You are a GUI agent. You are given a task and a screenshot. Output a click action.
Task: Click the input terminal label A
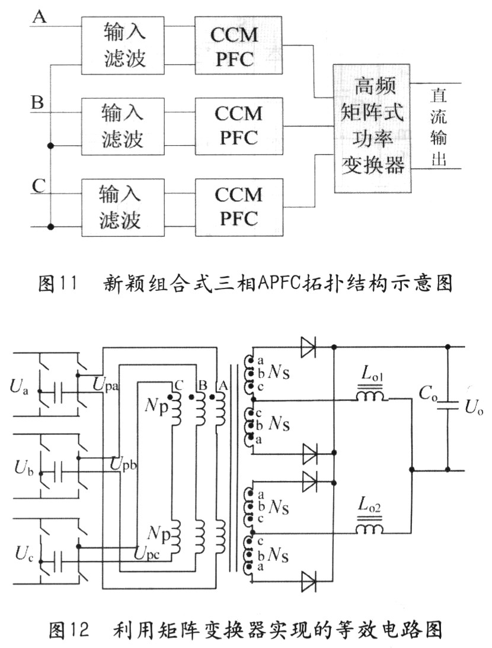click(x=40, y=17)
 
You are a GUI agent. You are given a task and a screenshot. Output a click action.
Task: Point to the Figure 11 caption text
click(x=245, y=284)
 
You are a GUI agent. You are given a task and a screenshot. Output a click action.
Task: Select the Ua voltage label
click(x=18, y=388)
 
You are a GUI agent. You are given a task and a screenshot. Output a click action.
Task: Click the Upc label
click(x=154, y=555)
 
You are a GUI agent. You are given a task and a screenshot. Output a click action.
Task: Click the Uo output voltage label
click(x=472, y=407)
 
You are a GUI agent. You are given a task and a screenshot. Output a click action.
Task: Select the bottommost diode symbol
click(x=309, y=580)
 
